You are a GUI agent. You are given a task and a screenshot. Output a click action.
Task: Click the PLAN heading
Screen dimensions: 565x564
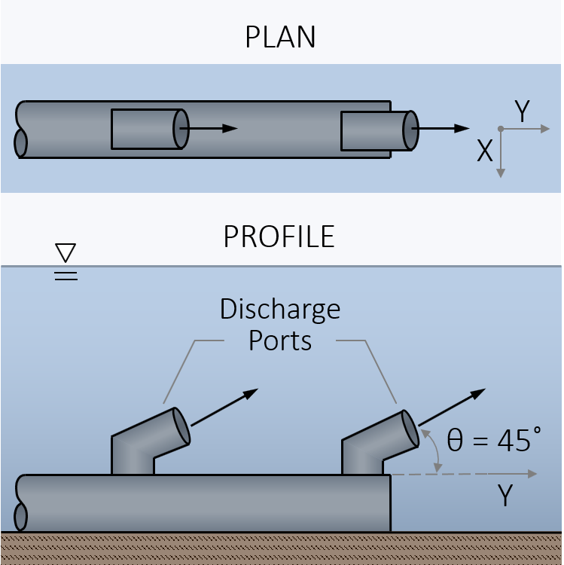280,38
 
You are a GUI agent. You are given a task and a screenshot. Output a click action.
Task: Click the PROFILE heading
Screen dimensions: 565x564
279,237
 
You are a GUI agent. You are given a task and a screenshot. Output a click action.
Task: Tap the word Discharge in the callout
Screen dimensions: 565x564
280,309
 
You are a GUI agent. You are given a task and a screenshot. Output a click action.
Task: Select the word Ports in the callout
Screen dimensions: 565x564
280,341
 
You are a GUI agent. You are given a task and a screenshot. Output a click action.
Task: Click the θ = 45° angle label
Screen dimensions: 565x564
494,440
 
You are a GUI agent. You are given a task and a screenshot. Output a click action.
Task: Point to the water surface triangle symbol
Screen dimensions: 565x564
66,252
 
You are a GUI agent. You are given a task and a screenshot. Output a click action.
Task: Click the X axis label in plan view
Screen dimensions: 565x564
484,152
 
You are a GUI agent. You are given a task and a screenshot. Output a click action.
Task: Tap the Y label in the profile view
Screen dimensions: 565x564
505,496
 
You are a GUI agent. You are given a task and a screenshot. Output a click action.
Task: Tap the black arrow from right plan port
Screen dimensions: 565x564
444,129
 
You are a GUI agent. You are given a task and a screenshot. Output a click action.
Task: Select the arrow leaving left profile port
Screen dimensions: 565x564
224,408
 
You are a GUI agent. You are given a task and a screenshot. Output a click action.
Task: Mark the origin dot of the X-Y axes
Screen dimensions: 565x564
501,130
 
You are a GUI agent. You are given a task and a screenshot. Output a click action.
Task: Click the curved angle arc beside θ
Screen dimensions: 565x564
434,450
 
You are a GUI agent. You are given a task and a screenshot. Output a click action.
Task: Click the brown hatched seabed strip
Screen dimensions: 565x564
282,548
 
